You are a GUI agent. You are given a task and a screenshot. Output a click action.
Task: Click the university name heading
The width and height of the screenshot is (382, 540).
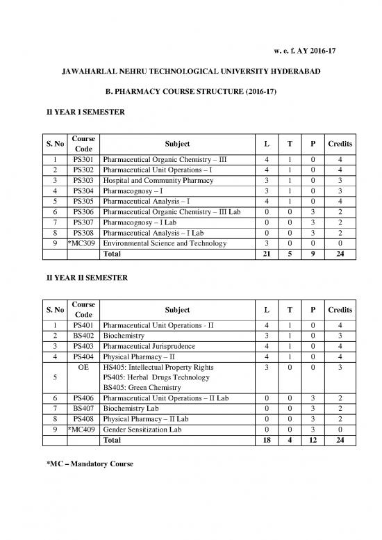[x=191, y=72]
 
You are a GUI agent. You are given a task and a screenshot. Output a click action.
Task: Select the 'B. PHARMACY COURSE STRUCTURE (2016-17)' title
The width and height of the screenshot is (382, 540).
[x=191, y=92]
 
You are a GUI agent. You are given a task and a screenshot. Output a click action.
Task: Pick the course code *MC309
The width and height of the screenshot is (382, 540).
[x=83, y=243]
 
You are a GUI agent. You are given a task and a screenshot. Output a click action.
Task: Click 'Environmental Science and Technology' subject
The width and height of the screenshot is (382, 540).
[x=164, y=243]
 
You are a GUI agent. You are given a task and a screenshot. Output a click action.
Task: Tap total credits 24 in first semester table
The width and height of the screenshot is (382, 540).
[x=340, y=254]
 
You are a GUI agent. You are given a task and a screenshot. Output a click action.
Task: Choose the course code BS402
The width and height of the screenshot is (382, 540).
[x=83, y=335]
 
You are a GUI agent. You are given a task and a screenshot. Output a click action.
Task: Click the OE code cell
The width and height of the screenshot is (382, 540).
[x=83, y=367]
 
